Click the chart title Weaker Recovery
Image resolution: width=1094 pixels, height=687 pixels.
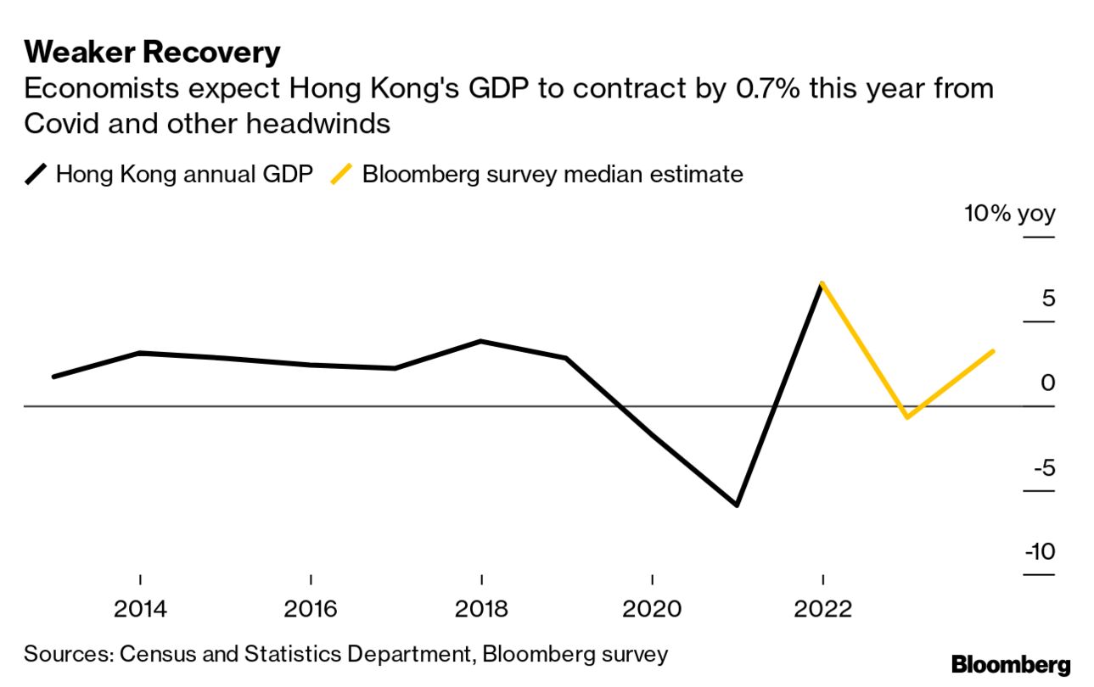[152, 53]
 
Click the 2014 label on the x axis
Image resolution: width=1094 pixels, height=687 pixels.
[140, 609]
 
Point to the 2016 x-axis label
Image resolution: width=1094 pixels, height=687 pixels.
[311, 609]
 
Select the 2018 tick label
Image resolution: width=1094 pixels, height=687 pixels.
[481, 609]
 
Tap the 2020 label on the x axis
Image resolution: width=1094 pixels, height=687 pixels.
[652, 609]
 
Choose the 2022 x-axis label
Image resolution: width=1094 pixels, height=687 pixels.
[822, 609]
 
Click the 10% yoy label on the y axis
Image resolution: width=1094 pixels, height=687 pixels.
[1009, 213]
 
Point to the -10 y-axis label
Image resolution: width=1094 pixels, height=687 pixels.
[1040, 552]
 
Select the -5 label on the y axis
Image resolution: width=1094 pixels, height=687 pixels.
[1043, 467]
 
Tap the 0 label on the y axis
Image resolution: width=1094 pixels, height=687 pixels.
[1047, 383]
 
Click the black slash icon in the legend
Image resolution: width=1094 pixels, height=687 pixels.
[37, 175]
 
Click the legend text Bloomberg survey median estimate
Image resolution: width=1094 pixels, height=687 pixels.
[553, 175]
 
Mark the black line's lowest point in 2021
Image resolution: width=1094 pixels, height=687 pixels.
[737, 505]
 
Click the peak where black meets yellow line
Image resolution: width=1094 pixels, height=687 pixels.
[822, 283]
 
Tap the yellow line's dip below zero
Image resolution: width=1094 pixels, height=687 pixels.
[907, 417]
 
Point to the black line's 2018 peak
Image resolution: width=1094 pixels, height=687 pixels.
[481, 341]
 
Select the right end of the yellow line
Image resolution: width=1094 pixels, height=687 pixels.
[993, 350]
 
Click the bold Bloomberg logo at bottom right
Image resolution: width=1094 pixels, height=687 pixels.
[1011, 665]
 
